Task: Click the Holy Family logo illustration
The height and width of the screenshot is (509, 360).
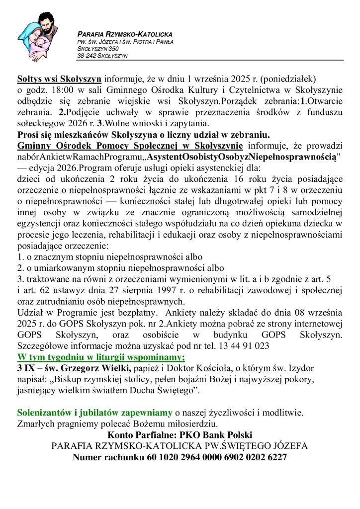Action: click(x=39, y=35)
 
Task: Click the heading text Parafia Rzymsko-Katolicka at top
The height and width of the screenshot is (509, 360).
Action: click(x=125, y=34)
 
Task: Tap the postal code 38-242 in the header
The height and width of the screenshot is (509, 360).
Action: click(x=88, y=56)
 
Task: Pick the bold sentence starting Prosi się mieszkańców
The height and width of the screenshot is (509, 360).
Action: click(x=143, y=135)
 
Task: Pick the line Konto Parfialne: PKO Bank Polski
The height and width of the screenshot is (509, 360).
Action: click(x=180, y=434)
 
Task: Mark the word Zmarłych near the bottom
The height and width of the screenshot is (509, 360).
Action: click(x=35, y=424)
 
